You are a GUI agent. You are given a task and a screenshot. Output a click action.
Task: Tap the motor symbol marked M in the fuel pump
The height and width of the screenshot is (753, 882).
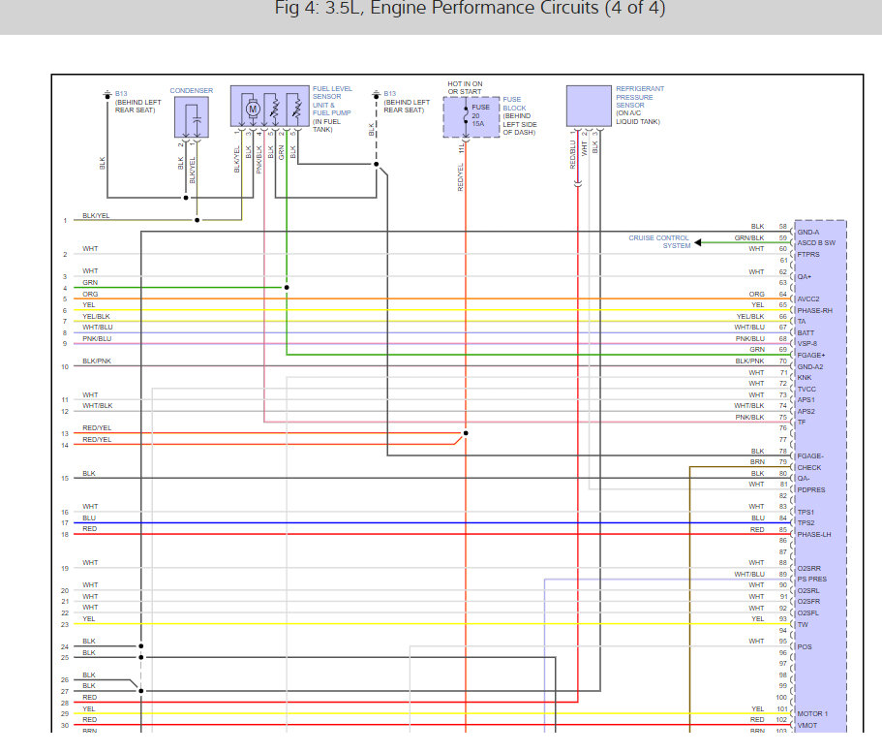tap(253, 109)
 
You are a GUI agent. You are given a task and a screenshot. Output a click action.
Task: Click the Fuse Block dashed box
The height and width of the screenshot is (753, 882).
tap(471, 116)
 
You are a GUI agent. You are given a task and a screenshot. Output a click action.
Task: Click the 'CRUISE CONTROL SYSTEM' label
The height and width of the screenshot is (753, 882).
tap(659, 241)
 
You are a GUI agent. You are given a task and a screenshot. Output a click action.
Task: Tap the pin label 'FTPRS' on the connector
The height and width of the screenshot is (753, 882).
tap(807, 254)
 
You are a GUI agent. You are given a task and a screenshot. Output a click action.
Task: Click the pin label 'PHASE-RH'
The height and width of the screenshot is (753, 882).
tap(815, 310)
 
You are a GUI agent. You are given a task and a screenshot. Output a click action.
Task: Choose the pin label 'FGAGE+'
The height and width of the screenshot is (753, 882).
tap(810, 356)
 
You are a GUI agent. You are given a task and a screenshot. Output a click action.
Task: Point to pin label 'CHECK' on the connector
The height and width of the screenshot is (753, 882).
tap(808, 467)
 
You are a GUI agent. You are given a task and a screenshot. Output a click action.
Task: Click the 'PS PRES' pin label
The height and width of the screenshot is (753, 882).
tap(811, 580)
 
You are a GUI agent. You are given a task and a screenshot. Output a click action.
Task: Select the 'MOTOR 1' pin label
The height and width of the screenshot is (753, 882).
tap(812, 713)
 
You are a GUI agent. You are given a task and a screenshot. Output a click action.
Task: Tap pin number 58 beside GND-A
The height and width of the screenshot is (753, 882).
tap(782, 227)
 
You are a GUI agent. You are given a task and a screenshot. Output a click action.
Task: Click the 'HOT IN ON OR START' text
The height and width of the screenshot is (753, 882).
tap(465, 87)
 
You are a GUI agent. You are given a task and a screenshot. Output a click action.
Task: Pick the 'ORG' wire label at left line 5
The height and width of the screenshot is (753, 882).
tap(90, 294)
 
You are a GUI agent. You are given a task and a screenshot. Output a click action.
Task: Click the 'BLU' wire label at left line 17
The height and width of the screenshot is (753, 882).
tap(89, 518)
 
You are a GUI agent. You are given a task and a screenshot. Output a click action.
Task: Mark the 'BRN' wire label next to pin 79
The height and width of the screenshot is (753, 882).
tap(757, 462)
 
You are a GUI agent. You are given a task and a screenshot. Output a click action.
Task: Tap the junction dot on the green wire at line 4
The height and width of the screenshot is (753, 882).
tap(287, 288)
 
